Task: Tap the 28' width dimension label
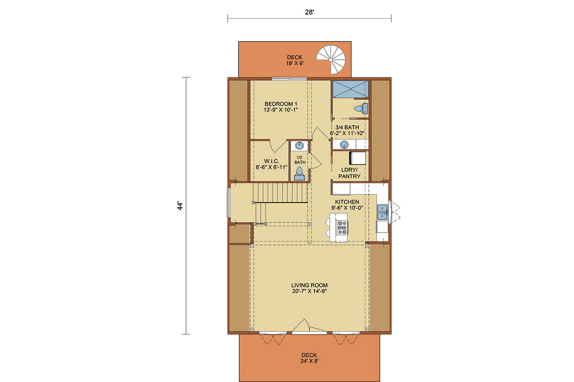click(309, 12)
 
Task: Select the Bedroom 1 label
click(281, 107)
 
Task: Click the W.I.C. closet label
click(271, 164)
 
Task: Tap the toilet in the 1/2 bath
click(299, 174)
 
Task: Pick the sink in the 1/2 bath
click(299, 146)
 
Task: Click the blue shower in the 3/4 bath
click(350, 89)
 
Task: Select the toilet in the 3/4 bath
click(361, 108)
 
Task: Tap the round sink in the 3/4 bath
click(344, 145)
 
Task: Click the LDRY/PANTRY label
click(349, 173)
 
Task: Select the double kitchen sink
click(382, 212)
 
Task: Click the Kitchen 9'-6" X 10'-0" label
click(347, 205)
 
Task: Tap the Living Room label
click(309, 288)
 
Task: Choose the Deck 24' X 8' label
click(309, 358)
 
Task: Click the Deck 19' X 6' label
click(295, 60)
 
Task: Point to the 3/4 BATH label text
click(347, 127)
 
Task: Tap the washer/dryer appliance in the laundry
click(358, 158)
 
